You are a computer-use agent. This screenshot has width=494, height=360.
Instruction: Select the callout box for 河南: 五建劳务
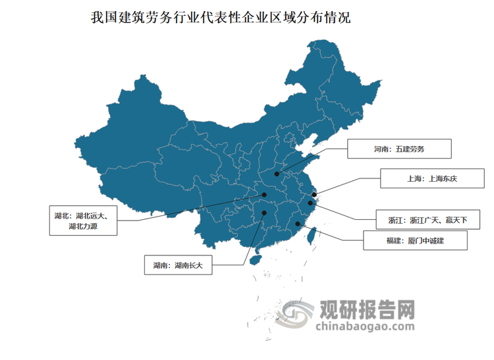pyautogui.click(x=399, y=149)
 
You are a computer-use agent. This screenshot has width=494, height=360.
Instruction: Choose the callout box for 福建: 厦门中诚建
pyautogui.click(x=415, y=241)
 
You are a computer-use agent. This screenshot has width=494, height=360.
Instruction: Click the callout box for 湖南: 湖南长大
pyautogui.click(x=177, y=266)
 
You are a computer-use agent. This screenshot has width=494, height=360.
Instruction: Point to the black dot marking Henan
pyautogui.click(x=278, y=174)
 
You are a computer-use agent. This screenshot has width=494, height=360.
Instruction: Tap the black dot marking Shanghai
pyautogui.click(x=315, y=194)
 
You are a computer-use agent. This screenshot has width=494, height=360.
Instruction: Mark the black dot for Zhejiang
pyautogui.click(x=310, y=203)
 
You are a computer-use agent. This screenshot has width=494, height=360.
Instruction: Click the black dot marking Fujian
pyautogui.click(x=298, y=224)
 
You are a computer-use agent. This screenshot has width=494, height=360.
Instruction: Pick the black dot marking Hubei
pyautogui.click(x=265, y=195)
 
